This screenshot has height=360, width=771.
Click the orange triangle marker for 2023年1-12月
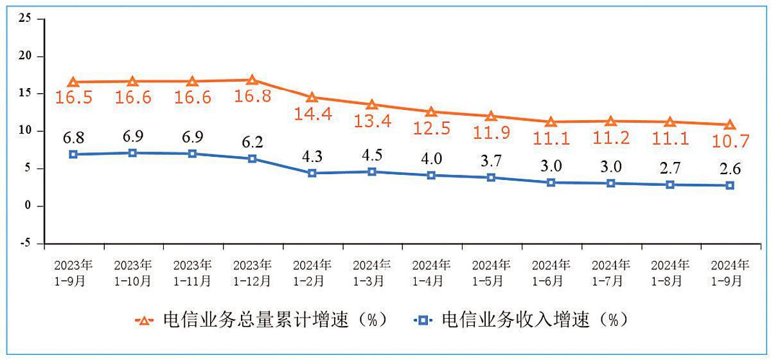[x=252, y=80]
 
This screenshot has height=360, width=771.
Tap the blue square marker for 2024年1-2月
[x=312, y=173]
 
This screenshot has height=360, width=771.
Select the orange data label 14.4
[x=312, y=113]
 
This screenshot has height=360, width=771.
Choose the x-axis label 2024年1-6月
[x=551, y=273]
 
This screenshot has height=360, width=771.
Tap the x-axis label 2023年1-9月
[x=73, y=273]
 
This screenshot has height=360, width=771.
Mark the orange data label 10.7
[x=730, y=140]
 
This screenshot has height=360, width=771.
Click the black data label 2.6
[x=730, y=169]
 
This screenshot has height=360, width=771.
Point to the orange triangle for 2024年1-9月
[x=730, y=125]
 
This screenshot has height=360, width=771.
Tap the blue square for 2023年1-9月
[x=73, y=154]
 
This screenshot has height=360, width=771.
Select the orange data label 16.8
[x=252, y=96]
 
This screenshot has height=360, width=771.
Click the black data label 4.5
[x=372, y=156]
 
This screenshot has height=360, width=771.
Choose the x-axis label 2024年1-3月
[x=372, y=273]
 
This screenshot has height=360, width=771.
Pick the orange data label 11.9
[x=492, y=132]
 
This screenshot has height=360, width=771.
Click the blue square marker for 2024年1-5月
[x=492, y=177]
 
